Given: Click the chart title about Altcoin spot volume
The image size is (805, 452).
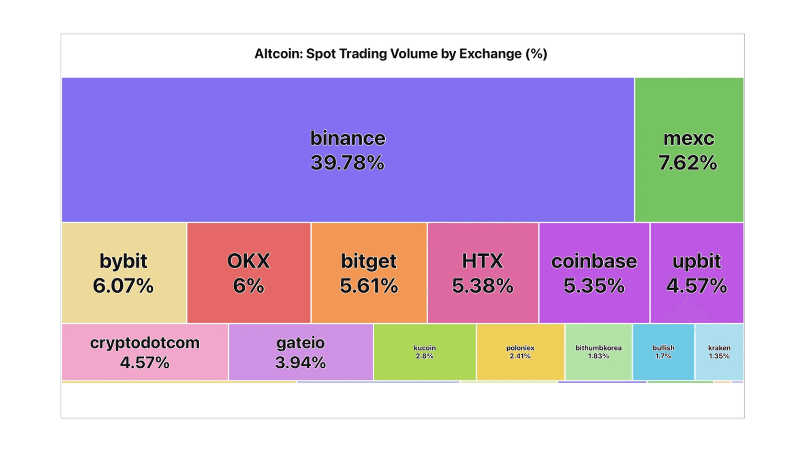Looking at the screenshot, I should point(401,54).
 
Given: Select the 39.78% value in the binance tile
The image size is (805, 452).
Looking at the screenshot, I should point(347,163).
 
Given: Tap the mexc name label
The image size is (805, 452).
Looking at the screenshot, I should point(689,138).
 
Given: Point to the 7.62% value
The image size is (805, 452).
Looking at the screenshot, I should point(688,163).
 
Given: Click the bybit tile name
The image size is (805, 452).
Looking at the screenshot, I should point(123,261).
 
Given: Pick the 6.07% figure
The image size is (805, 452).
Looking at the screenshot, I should point(123,286).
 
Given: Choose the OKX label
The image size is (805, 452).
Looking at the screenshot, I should point(248,261).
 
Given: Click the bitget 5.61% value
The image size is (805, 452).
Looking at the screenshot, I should point(368,286).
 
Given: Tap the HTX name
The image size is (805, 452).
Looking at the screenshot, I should point(483,261).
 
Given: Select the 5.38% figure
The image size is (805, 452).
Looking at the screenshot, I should point(483,286).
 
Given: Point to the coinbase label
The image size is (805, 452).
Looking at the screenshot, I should point(594,261).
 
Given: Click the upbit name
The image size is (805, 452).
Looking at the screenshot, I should point(696,261).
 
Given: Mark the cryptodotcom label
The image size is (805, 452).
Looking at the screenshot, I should point(145,343).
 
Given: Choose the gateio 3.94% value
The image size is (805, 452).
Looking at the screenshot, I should point(300,362).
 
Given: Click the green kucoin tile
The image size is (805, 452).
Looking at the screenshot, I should point(425,352).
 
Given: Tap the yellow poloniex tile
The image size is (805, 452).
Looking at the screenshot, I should point(520,352).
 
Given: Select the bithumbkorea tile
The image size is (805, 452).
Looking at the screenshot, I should point(598,352).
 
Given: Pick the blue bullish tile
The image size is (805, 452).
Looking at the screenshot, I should point(664,352).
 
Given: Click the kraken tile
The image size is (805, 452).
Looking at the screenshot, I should point(719,352).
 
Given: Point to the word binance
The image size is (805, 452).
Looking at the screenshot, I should point(347,138).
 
